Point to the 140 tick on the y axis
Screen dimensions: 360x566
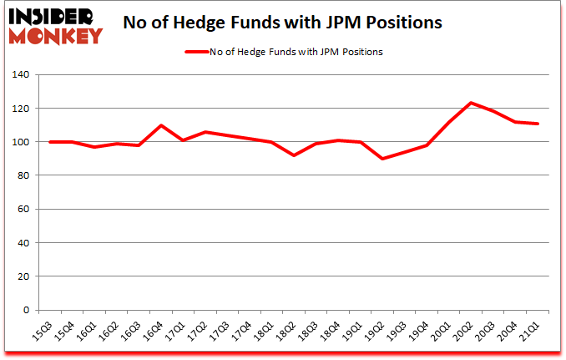click(20, 75)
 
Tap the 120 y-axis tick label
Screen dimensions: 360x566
click(20, 109)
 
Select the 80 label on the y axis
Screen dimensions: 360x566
click(23, 175)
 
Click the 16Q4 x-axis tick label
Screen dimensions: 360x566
click(154, 331)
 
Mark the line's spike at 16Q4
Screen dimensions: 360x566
click(161, 125)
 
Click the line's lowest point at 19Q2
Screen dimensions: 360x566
click(382, 159)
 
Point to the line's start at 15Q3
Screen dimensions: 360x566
click(52, 142)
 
